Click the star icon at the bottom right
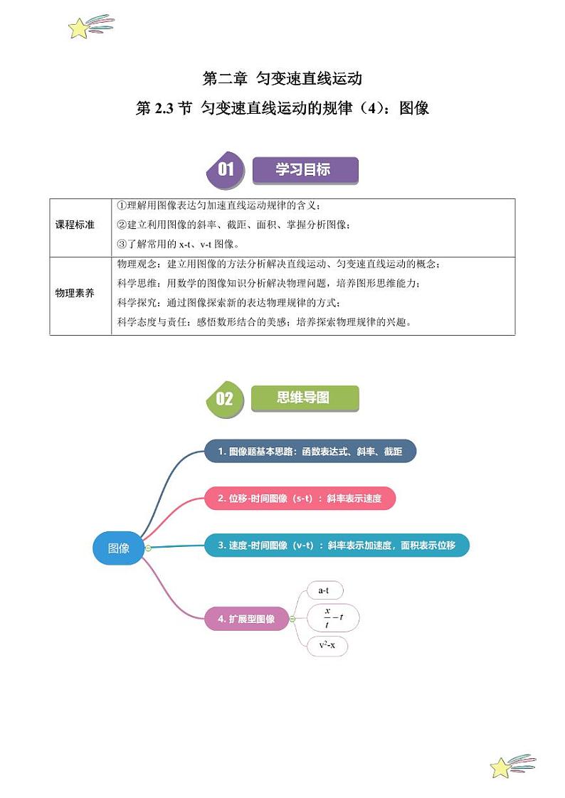(502, 767)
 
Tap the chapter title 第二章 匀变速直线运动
(282, 78)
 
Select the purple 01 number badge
(225, 170)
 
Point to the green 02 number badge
(224, 398)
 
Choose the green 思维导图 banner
(305, 398)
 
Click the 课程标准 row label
(80, 225)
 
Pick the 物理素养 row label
(80, 293)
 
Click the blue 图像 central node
(119, 548)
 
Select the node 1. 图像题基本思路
(310, 452)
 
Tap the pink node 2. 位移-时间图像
(300, 499)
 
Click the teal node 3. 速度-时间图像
(337, 546)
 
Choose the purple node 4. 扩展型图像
(246, 619)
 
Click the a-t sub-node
(324, 591)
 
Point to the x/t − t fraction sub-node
(332, 618)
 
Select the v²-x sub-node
(327, 646)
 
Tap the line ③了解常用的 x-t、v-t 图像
(188, 244)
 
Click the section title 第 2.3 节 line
(282, 109)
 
